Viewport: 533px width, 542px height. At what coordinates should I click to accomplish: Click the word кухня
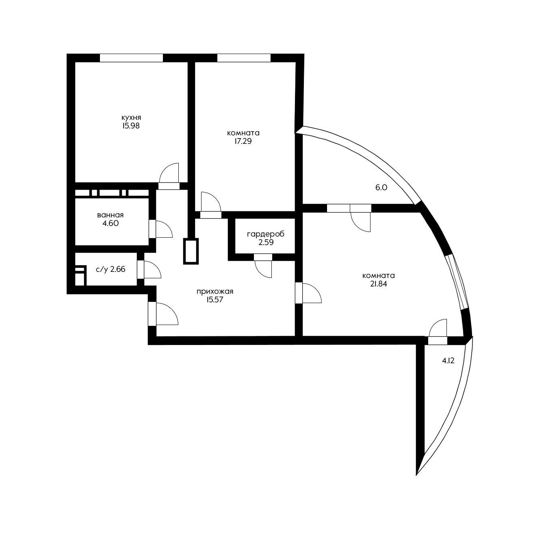click(x=131, y=117)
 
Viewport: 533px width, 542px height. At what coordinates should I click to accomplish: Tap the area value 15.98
click(x=131, y=126)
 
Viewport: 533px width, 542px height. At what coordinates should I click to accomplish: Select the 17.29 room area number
click(x=243, y=141)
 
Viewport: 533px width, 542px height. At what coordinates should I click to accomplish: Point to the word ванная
click(x=110, y=215)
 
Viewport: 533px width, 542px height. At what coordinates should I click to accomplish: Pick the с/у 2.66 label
click(x=110, y=269)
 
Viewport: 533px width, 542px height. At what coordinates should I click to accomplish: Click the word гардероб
click(x=266, y=234)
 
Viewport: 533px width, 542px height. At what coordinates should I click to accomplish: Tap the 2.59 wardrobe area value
click(x=266, y=242)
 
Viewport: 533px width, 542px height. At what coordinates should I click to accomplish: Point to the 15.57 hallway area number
click(x=214, y=300)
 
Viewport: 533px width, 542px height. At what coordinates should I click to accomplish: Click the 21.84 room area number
click(x=379, y=284)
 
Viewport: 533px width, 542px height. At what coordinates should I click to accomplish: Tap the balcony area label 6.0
click(x=381, y=188)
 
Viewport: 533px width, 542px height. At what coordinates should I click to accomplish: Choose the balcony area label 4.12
click(x=448, y=361)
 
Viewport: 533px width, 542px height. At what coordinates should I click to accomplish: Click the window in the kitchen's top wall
click(x=131, y=58)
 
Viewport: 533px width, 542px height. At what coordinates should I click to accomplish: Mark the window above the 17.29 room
click(x=244, y=58)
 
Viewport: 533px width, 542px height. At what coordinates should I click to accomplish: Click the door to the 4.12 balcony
click(x=438, y=340)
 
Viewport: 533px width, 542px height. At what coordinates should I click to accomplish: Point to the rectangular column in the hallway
click(x=191, y=251)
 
